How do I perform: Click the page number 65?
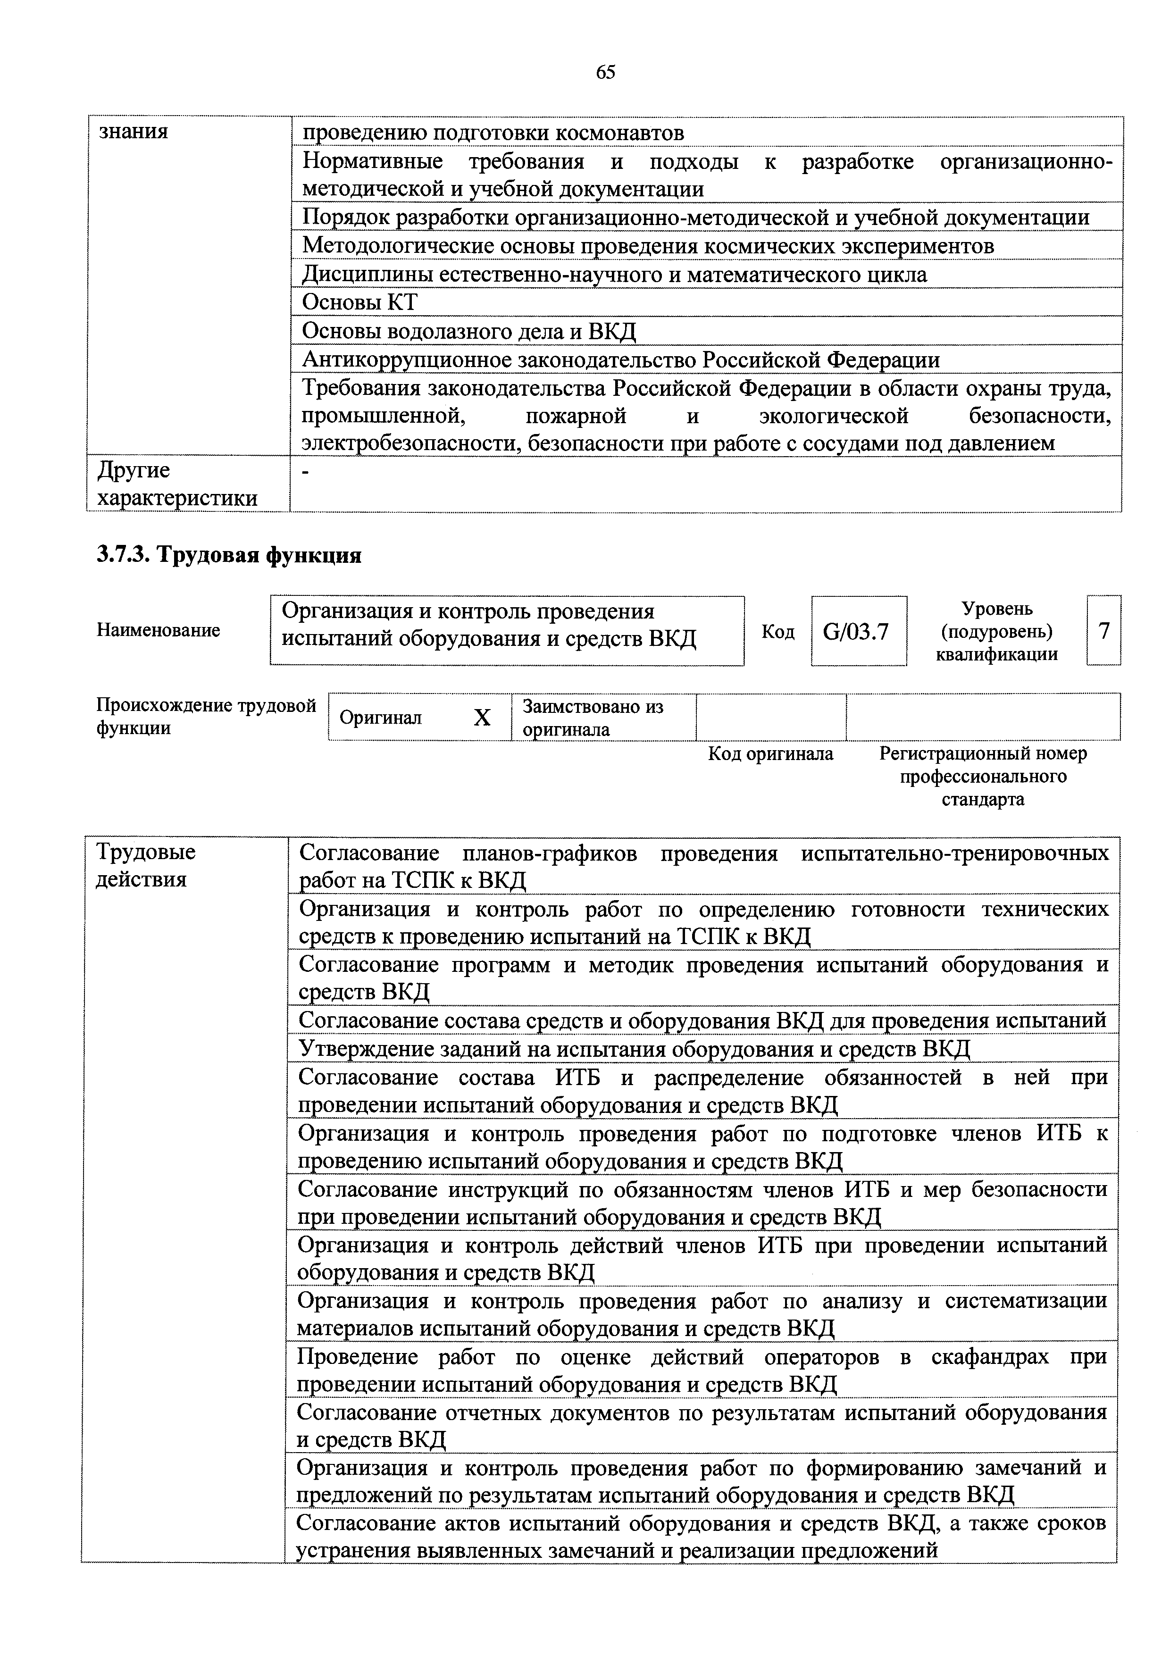(606, 72)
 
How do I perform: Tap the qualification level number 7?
(1103, 631)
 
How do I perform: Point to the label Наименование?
(158, 631)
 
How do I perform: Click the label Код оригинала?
(770, 754)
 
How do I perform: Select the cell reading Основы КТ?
(359, 302)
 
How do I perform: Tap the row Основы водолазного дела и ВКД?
(468, 331)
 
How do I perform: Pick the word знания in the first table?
(134, 132)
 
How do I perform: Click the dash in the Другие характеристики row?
(306, 471)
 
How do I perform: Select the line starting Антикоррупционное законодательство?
(620, 359)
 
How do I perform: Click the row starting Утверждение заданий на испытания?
(635, 1048)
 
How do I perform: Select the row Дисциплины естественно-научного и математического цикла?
(614, 275)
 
